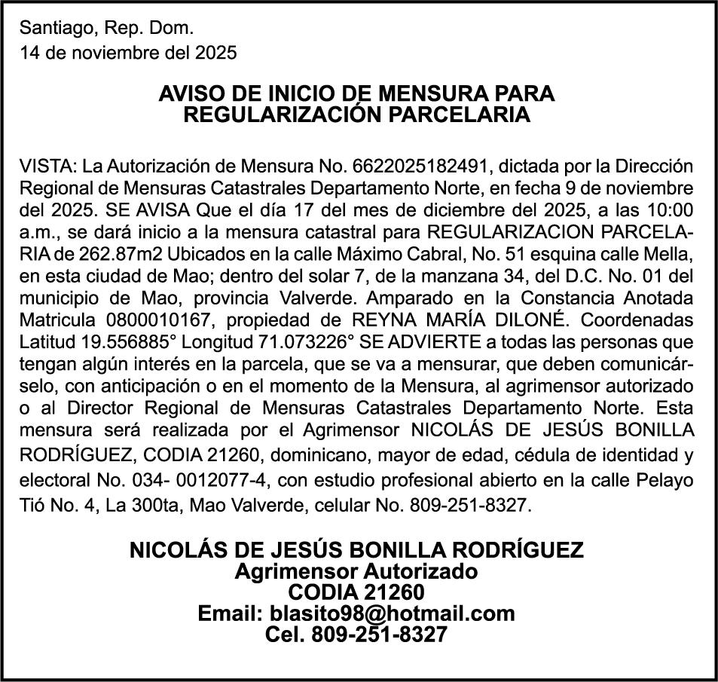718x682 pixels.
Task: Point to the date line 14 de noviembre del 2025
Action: coord(128,53)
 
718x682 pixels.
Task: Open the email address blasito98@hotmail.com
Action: coord(356,613)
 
